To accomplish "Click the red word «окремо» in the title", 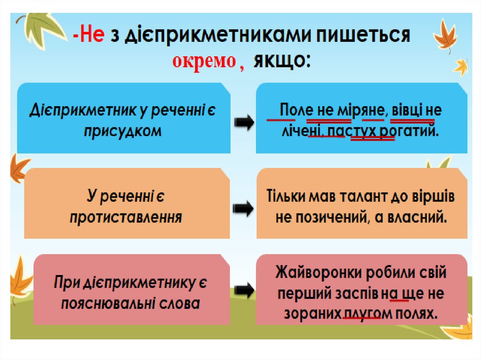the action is pyautogui.click(x=203, y=61).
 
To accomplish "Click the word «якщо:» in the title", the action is pyautogui.click(x=282, y=61).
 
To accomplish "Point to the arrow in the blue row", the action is pyautogui.click(x=243, y=123).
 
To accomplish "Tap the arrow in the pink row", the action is pyautogui.click(x=243, y=291).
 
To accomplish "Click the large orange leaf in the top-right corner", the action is pyautogui.click(x=445, y=35).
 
